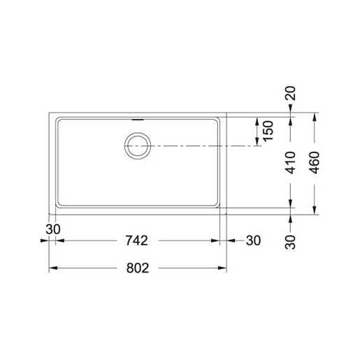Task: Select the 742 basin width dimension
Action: pyautogui.click(x=137, y=240)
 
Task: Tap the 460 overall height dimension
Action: pyautogui.click(x=316, y=161)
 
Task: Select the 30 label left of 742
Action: pyautogui.click(x=52, y=229)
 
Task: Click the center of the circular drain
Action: pyautogui.click(x=137, y=145)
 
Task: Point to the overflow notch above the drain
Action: pyautogui.click(x=137, y=120)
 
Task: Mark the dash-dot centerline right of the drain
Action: pyautogui.click(x=203, y=145)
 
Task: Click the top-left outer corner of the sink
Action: pyautogui.click(x=48, y=111)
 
